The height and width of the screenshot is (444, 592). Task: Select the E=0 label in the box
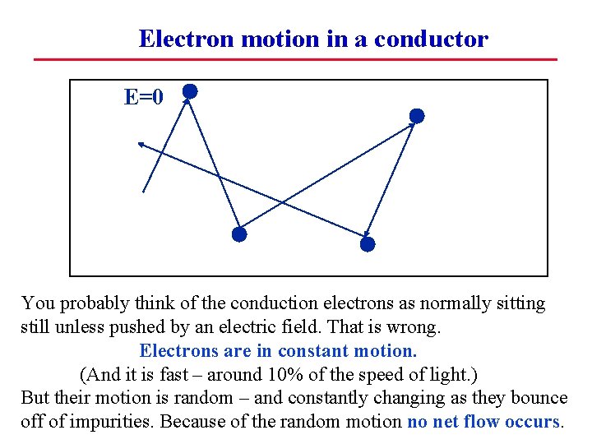coord(144,97)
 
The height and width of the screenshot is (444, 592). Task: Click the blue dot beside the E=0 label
coord(190,91)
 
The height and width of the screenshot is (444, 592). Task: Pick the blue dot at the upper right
coord(417,116)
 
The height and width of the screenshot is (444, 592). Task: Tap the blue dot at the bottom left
coord(238,234)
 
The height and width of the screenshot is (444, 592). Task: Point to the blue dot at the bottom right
coord(368,244)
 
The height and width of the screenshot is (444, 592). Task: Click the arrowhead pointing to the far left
coord(141,145)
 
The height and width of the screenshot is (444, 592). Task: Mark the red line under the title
coord(295,59)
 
